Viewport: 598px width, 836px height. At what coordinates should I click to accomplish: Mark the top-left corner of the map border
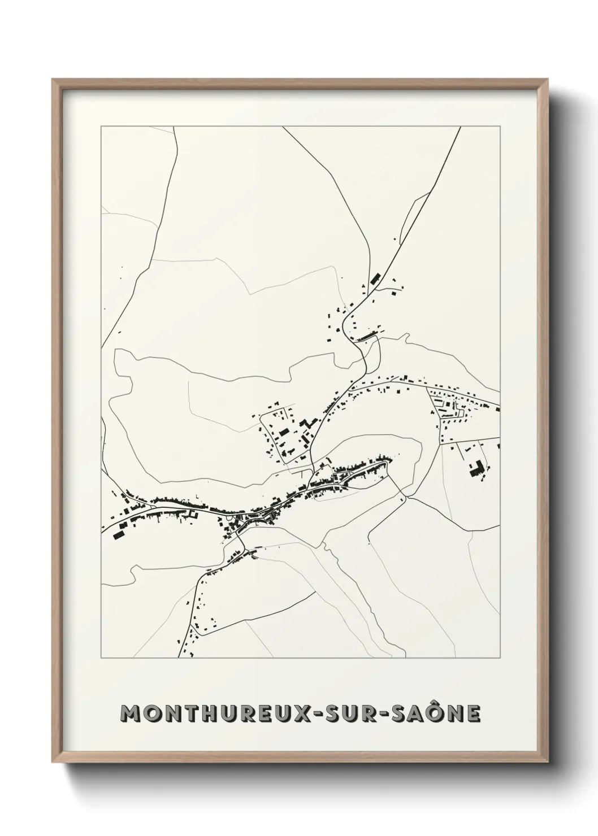101,127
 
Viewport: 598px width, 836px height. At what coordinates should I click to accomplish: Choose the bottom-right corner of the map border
501,658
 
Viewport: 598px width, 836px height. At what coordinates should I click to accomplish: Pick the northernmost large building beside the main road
374,279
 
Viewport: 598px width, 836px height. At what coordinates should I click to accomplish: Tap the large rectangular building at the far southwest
119,535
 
